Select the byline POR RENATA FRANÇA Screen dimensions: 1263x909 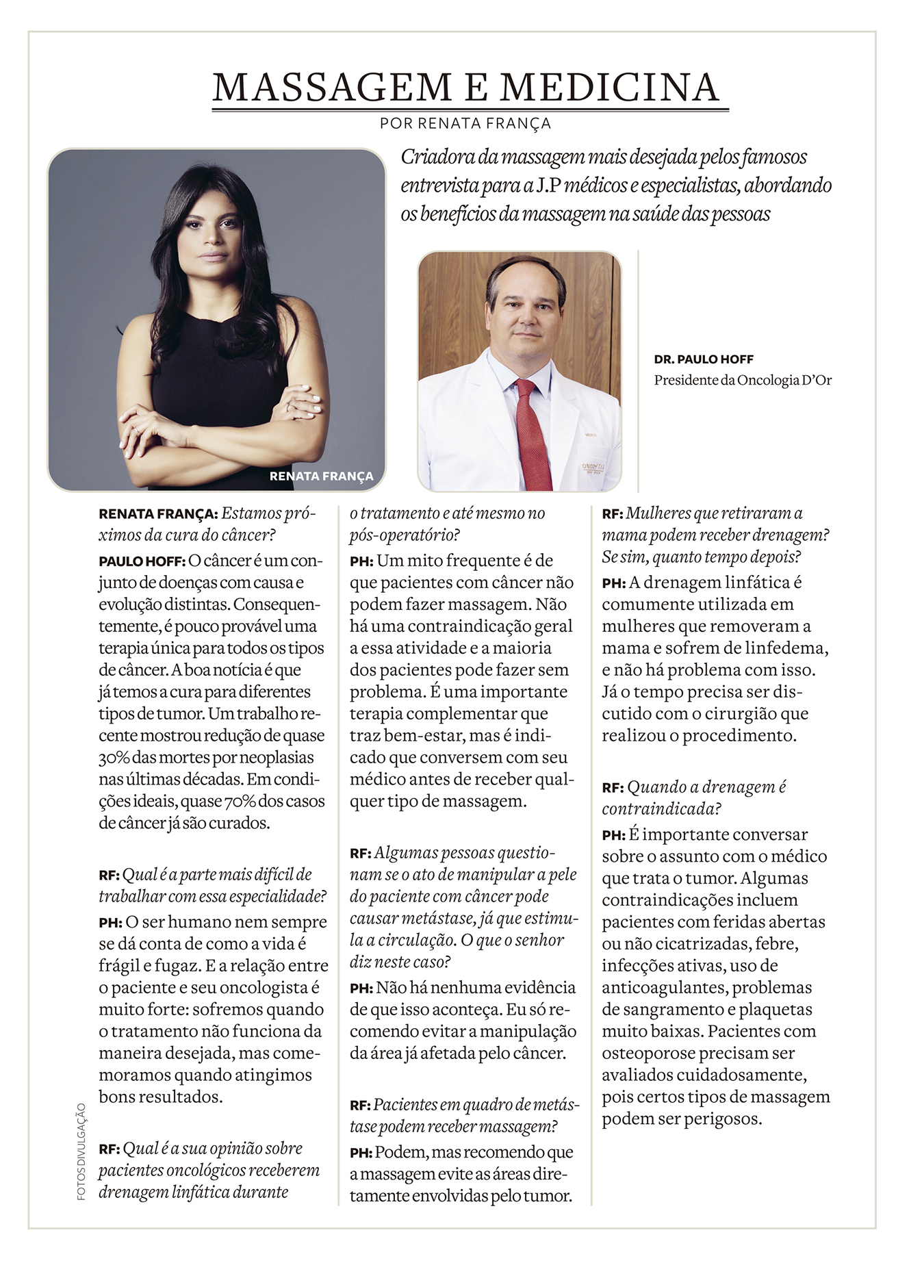465,124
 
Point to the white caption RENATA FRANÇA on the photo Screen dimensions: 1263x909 321,476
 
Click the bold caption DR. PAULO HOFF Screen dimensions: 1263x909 704,359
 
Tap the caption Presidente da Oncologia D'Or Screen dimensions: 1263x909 743,380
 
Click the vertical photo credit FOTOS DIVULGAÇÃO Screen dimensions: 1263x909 81,1151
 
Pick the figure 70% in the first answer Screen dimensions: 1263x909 238,802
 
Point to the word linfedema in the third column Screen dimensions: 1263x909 786,648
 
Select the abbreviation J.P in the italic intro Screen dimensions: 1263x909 546,186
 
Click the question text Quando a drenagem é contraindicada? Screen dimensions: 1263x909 694,798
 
